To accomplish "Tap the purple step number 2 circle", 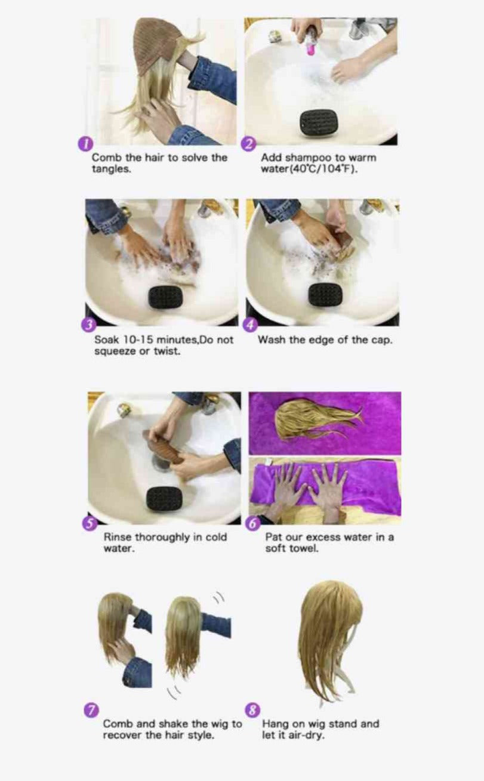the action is [249, 144].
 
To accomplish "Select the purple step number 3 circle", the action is [88, 325].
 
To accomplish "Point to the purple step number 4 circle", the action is [249, 325].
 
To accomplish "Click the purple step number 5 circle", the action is [90, 524].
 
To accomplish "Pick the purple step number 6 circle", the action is [253, 524].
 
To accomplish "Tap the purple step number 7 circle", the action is [91, 709].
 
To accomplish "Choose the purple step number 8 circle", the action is [253, 709].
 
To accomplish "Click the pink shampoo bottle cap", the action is [309, 50].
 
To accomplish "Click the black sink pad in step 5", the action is [164, 499].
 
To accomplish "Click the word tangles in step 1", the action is [112, 169].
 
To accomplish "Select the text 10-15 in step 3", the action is [137, 339].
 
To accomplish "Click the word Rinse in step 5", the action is [118, 537].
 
